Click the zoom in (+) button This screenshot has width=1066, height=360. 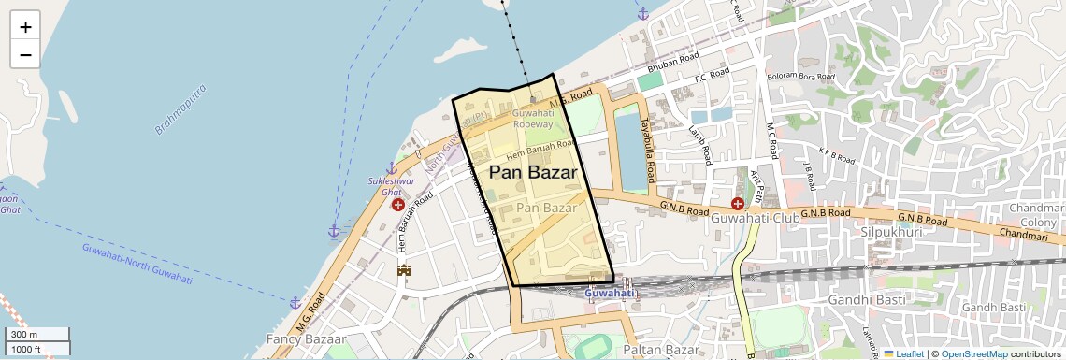coord(25,26)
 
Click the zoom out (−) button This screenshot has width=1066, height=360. coord(25,54)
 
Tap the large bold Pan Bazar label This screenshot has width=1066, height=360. coord(532,173)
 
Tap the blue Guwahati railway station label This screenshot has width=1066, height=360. coord(610,294)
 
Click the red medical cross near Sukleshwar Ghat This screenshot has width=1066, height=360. coord(398,204)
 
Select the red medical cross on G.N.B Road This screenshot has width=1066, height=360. coord(737,202)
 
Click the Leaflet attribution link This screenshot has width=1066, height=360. coord(903,353)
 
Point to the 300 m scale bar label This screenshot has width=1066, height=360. coord(24,335)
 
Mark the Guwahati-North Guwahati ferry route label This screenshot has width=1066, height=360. coord(137,265)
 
